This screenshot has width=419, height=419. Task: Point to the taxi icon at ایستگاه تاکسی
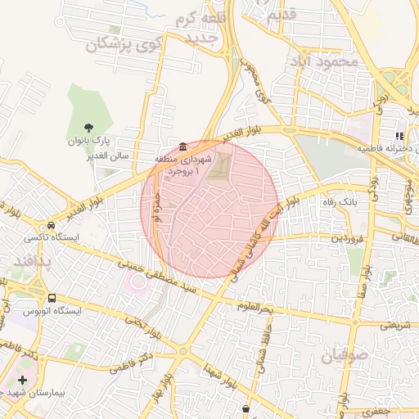click(x=52, y=225)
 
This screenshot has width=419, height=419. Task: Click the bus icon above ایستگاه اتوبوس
click(x=53, y=298)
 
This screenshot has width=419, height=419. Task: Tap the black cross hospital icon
click(x=21, y=381)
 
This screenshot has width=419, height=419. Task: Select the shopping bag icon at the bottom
click(x=246, y=408)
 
